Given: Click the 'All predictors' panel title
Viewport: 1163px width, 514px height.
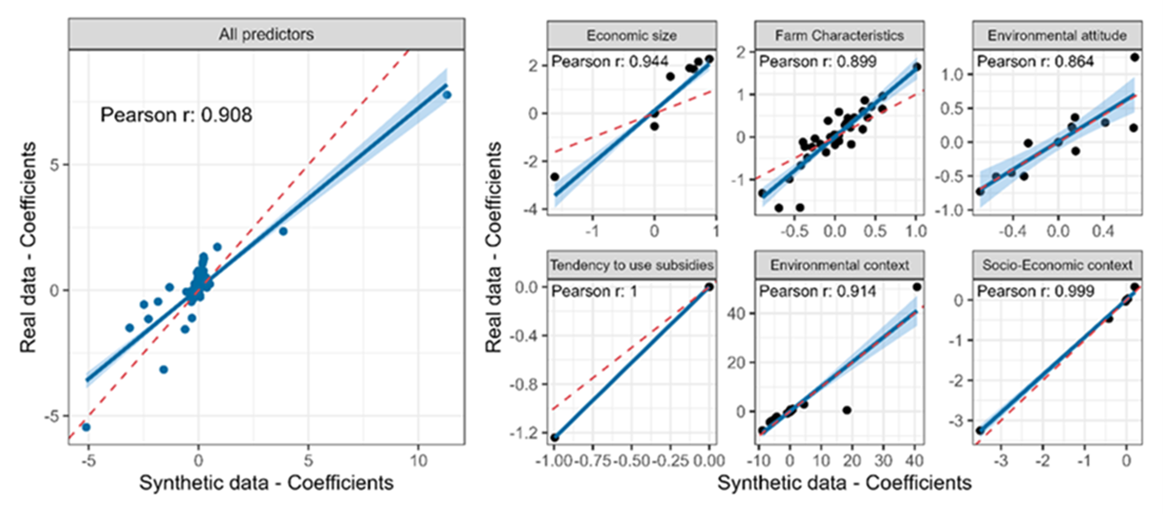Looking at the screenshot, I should [267, 34].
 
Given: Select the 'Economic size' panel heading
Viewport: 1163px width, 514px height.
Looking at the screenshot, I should [632, 36].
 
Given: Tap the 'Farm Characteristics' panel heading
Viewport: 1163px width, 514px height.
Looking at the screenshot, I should [839, 36].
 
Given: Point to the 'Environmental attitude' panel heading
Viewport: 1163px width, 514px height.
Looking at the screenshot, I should [1057, 36].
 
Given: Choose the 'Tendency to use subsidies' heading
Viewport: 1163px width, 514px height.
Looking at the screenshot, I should [632, 265].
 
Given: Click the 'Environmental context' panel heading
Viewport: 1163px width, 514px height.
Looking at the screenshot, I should [839, 265].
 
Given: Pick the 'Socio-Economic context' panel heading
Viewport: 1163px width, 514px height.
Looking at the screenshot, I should [1057, 265].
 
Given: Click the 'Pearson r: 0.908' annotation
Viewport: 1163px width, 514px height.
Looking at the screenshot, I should [176, 115].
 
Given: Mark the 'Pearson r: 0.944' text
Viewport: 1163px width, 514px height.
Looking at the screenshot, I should [610, 62].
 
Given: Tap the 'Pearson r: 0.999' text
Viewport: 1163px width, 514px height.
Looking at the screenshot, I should [1035, 292].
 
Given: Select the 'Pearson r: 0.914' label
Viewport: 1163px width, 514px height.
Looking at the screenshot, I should [817, 292].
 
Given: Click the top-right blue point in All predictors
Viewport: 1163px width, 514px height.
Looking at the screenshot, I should [447, 95].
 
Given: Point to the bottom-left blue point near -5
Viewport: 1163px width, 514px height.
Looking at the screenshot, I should [86, 427].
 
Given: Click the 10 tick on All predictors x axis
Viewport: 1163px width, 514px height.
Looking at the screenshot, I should [419, 461].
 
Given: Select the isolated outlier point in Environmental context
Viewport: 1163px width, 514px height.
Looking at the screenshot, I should [847, 410].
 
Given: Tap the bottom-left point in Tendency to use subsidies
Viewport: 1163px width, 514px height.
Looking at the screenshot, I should [555, 437].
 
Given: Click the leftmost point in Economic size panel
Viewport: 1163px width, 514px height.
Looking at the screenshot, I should [554, 177].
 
